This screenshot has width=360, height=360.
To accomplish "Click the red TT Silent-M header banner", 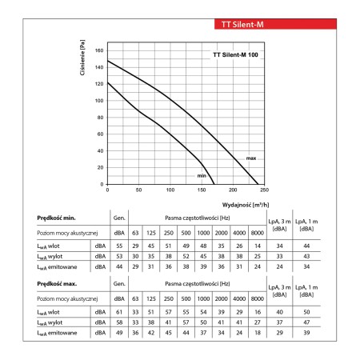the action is point(275,24).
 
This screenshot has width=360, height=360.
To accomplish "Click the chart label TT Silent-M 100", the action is point(235,55).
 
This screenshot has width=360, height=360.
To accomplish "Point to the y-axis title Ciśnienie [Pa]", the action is point(82,58).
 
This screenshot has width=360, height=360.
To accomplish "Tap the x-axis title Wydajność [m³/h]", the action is point(246,205).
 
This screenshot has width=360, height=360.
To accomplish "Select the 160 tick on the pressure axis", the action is point(99,50).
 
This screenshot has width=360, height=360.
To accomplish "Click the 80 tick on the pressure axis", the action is point(100,118).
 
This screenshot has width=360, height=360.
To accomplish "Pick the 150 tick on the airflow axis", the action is point(202,190).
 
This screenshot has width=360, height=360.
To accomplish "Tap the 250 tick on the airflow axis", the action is point(264,190).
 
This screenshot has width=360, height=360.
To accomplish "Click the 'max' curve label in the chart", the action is point(251,158).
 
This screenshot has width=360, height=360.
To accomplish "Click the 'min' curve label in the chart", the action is point(202,176).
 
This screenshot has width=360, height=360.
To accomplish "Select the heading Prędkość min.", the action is point(56,218).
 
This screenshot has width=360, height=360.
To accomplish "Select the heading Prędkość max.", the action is point(57,284).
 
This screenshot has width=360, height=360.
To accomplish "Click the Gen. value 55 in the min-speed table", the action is point(119,246).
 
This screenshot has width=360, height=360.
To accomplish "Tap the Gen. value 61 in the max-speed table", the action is point(119,312).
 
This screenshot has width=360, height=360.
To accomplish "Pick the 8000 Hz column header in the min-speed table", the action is point(258,233).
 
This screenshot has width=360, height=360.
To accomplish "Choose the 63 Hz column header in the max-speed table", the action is point(135,298).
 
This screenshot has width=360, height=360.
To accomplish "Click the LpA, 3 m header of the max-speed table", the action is point(279,291).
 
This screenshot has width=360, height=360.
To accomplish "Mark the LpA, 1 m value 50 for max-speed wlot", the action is point(306,312).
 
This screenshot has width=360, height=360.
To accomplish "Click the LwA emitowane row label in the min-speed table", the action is point(57,267).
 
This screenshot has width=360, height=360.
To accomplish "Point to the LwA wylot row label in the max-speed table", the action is point(50,322).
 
